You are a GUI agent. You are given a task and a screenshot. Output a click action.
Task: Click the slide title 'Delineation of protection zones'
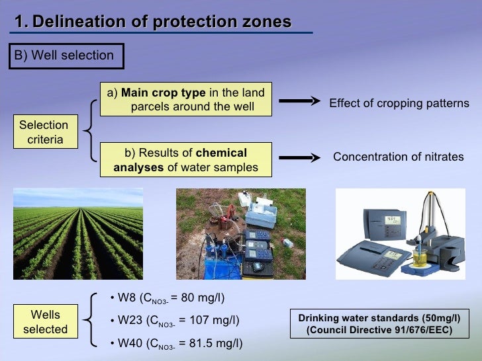click(x=153, y=22)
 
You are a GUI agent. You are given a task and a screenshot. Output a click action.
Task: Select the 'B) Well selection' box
click(x=65, y=56)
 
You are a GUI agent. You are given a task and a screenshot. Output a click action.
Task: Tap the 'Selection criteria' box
click(x=44, y=132)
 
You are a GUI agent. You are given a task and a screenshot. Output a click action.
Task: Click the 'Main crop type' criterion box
click(x=186, y=100)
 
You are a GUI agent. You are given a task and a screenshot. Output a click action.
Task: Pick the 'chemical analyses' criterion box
click(x=186, y=160)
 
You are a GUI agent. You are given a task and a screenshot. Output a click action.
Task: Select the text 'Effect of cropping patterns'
click(x=399, y=104)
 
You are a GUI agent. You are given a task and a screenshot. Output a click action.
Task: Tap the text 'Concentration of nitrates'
click(x=398, y=157)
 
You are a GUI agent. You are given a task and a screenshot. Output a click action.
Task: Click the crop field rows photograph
click(x=78, y=233)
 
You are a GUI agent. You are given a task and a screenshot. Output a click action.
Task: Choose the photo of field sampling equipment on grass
click(x=240, y=233)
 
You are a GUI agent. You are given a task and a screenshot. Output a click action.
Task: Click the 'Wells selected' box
click(x=46, y=322)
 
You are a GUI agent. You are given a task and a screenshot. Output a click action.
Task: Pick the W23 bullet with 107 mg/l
click(x=173, y=321)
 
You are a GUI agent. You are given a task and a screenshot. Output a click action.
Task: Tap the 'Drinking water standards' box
click(x=379, y=323)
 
